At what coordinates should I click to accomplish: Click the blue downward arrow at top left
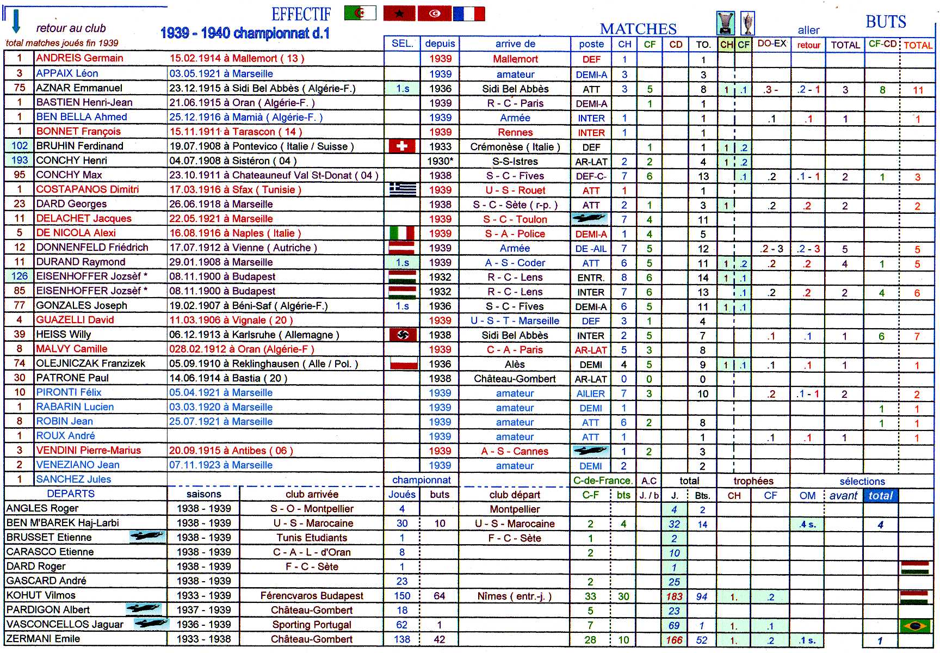[x=16, y=21]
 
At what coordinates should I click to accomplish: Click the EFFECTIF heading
[x=301, y=14]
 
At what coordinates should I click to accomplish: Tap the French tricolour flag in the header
[x=468, y=13]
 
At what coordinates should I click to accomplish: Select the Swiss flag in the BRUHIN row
[x=402, y=146]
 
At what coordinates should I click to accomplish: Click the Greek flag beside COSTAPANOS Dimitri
[x=403, y=189]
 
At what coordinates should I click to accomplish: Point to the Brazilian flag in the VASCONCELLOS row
[x=916, y=625]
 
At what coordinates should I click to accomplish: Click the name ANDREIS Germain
[x=79, y=58]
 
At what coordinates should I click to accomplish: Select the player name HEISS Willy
[x=63, y=334]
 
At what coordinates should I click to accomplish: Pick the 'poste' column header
[x=591, y=44]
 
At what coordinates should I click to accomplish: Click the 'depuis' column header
[x=440, y=44]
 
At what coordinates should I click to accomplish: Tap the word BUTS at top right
[x=886, y=22]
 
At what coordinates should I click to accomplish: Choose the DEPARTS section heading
[x=71, y=494]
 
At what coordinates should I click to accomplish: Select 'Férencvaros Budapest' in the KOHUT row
[x=312, y=596]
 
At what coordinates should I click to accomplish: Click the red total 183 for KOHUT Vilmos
[x=674, y=596]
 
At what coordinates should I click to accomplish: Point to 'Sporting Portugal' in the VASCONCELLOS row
[x=312, y=625]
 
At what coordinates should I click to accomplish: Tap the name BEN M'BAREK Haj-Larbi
[x=63, y=523]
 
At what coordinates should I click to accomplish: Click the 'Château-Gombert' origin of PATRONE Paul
[x=515, y=379]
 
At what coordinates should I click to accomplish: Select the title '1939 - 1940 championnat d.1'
[x=245, y=33]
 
